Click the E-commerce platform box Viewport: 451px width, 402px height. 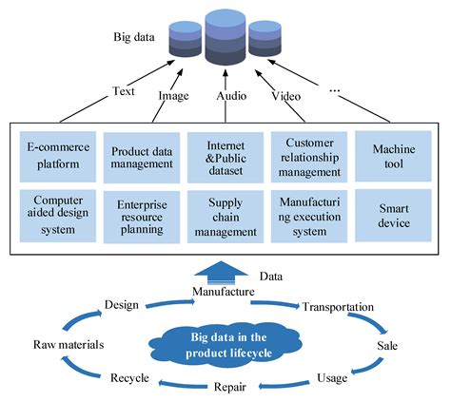[58, 157]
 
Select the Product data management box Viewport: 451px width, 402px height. [142, 157]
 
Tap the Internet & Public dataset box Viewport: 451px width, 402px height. [225, 157]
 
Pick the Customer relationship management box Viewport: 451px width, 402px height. [310, 157]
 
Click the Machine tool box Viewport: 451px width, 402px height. [393, 157]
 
